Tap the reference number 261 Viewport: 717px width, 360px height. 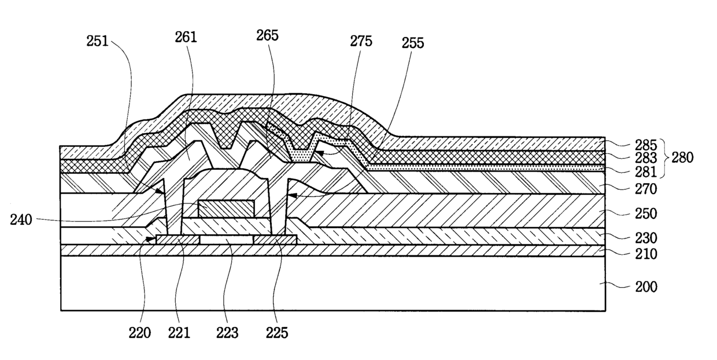point(186,38)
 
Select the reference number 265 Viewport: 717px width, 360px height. point(268,35)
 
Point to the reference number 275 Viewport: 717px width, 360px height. point(361,41)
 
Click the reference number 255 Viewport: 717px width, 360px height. point(412,43)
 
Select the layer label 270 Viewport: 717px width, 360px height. point(646,188)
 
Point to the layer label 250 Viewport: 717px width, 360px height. point(646,214)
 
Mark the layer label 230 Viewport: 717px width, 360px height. point(646,237)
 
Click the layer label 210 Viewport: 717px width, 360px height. point(646,253)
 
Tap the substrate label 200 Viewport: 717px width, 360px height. point(646,287)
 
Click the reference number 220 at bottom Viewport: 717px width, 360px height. point(139,333)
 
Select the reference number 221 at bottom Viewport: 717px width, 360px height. point(179,333)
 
